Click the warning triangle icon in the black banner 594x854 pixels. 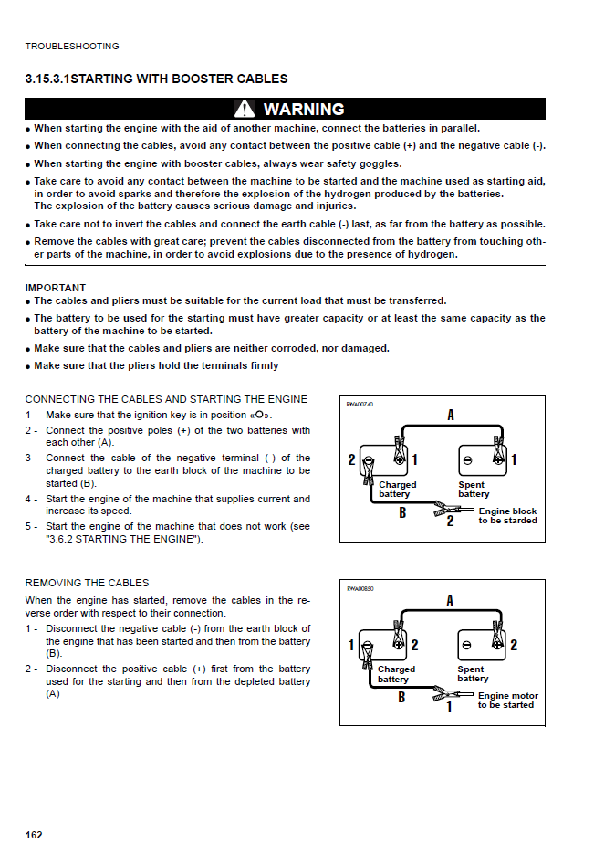coord(245,110)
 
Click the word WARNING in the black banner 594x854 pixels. coord(304,110)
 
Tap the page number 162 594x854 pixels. coord(34,835)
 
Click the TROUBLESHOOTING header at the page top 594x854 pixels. coord(72,47)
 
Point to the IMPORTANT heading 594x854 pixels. coord(56,288)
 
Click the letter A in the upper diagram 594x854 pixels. coord(451,416)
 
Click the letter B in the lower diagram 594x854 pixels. coord(402,697)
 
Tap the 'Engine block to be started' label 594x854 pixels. coord(507,516)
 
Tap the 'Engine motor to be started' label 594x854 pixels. coord(507,701)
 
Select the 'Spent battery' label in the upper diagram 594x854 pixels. coord(474,490)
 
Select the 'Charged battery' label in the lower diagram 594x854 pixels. coord(397,674)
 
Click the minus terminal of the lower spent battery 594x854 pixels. coord(467,645)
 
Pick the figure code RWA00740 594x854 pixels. coord(360,404)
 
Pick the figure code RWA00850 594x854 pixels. coord(360,588)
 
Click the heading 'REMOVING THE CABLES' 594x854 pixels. coord(87,583)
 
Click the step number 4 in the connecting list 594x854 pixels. coord(29,500)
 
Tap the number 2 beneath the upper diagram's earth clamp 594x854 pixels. coord(450,522)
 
